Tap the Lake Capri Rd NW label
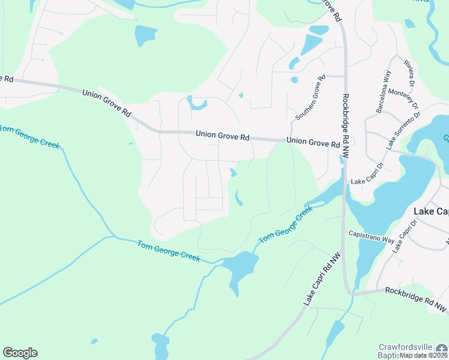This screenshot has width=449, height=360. [322, 280]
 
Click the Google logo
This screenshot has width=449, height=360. [20, 353]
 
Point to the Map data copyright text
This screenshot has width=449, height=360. [424, 355]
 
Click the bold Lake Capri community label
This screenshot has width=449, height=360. [432, 211]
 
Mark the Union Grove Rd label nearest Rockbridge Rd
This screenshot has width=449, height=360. [313, 142]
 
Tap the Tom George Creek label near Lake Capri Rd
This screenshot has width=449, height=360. [286, 224]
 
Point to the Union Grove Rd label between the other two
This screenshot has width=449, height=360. [222, 137]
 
